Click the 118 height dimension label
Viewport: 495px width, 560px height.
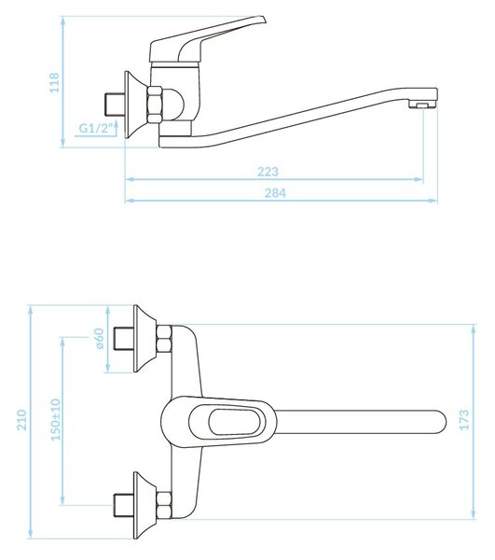point(54,83)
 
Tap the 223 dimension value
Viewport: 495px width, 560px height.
point(268,172)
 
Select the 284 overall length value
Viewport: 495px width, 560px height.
point(275,193)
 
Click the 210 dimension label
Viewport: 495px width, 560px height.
point(22,420)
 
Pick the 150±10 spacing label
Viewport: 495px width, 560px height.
point(56,420)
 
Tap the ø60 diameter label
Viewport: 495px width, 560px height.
point(99,339)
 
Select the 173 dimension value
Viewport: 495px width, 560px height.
point(464,420)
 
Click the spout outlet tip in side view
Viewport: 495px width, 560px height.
point(422,105)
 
